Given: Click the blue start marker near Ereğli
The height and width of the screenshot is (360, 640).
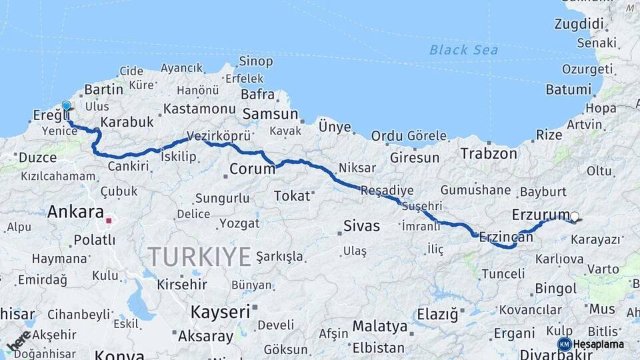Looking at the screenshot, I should (66, 106).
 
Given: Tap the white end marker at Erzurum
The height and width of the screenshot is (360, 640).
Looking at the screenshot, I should (575, 216).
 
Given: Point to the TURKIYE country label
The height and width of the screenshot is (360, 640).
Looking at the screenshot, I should (199, 256).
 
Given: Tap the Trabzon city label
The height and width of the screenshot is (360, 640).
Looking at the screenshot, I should (489, 153).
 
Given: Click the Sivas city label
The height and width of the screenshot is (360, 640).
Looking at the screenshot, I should (361, 226).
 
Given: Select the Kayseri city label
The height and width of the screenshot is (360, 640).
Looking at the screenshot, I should (220, 311).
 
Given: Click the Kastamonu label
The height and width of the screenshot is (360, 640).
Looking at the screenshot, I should (199, 109).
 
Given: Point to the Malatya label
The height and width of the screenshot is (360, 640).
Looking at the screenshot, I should (379, 327).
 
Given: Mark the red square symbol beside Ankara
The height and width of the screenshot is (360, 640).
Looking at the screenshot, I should (109, 220).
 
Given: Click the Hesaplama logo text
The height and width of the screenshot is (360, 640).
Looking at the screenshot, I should (598, 344).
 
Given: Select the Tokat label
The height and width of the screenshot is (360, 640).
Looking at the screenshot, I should (292, 196).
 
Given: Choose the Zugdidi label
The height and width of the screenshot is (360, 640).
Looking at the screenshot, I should (578, 24).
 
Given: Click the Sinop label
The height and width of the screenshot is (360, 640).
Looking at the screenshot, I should (255, 61).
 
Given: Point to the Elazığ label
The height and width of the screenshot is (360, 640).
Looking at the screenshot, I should (437, 313).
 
